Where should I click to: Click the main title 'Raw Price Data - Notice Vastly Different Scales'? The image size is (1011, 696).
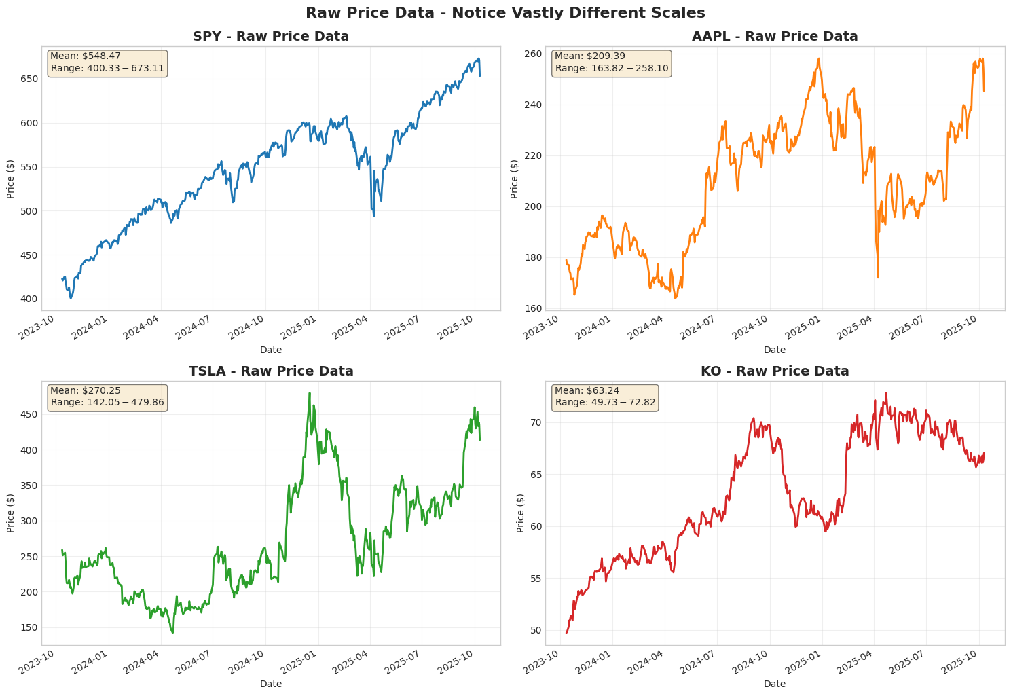(x=505, y=13)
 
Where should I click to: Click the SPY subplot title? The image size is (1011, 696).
(x=271, y=37)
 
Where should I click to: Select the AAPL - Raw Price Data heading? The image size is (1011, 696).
(x=775, y=37)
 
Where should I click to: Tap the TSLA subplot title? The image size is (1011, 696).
(x=271, y=371)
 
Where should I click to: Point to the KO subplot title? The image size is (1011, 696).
(x=775, y=371)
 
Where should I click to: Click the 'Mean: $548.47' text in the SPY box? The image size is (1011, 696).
(x=79, y=56)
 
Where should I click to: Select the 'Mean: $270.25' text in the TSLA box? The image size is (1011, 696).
(x=79, y=390)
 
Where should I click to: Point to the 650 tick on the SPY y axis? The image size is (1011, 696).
(x=30, y=79)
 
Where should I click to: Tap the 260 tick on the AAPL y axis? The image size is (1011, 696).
(x=534, y=54)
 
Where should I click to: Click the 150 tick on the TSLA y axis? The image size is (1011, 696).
(x=30, y=627)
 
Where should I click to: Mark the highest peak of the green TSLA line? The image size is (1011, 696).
(x=310, y=393)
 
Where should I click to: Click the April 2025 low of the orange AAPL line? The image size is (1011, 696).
(x=878, y=277)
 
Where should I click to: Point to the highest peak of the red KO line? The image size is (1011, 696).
(x=885, y=392)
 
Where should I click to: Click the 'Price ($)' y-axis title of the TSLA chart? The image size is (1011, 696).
(x=11, y=513)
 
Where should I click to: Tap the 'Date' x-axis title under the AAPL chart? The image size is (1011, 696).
(x=775, y=350)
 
